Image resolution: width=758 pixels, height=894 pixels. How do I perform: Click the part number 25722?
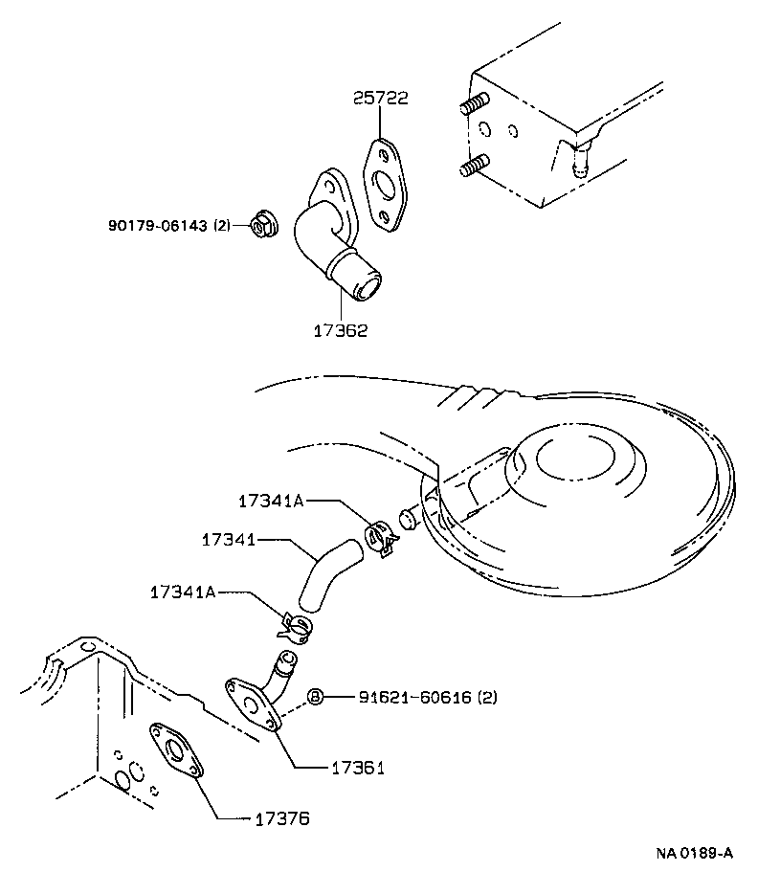point(380,99)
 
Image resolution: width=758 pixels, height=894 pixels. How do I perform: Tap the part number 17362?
point(341,330)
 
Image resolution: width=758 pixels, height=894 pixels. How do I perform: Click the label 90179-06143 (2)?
point(169,225)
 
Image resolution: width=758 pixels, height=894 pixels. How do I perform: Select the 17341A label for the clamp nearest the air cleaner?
point(271,501)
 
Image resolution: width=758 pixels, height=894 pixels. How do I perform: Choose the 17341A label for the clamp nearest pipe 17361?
point(182,592)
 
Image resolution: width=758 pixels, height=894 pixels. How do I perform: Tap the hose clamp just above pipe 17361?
point(296,626)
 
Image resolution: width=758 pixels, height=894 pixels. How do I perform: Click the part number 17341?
point(227,540)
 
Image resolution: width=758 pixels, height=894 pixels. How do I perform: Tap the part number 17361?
point(358,768)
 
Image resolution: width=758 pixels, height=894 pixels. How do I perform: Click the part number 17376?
point(282,818)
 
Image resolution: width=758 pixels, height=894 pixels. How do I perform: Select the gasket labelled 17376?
point(176,752)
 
